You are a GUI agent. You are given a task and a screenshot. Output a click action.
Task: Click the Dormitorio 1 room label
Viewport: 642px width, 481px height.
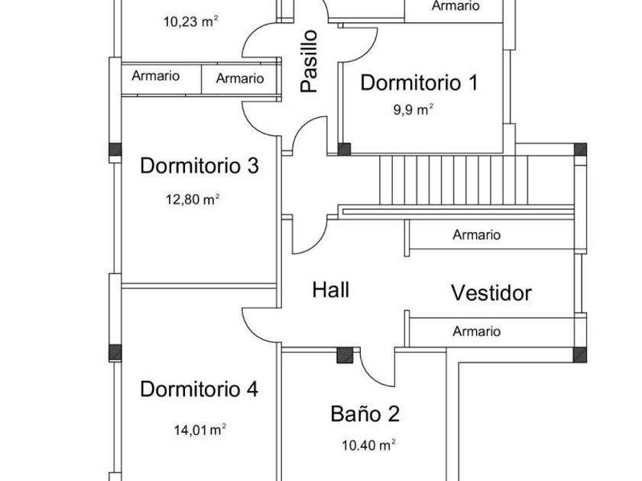point(419,82)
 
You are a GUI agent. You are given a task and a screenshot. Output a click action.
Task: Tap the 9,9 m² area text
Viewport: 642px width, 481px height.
point(413,110)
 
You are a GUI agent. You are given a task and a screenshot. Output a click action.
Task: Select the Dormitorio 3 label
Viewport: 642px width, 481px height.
point(199,166)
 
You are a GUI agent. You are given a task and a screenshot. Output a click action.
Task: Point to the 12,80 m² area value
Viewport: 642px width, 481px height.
point(193,199)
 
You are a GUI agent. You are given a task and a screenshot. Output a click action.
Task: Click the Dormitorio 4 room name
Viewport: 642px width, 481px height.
point(199,389)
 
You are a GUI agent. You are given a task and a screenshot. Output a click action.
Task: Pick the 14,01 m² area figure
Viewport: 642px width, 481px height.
point(199,429)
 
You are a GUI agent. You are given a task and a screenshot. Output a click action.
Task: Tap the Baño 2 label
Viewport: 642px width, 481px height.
point(365,414)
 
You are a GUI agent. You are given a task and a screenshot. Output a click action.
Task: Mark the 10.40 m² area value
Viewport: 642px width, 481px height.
point(368,445)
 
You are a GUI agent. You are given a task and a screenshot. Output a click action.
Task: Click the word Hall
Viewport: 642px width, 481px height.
point(331,290)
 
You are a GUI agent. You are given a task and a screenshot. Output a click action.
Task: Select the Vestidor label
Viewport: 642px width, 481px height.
point(491,293)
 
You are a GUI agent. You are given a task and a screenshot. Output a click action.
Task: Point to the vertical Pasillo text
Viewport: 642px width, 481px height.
point(309,61)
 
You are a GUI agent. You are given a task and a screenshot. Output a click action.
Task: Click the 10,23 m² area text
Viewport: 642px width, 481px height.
point(190,21)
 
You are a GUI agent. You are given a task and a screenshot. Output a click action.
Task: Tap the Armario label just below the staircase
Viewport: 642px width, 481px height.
point(477,235)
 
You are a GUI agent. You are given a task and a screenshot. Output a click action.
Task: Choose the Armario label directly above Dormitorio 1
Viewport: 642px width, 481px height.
point(456,6)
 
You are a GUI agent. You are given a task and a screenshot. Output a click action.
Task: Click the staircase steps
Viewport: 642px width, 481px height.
point(454,180)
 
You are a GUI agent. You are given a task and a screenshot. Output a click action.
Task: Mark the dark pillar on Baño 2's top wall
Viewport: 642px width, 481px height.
point(345,356)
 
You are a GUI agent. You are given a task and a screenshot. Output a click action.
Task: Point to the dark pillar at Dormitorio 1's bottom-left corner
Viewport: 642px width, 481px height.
point(344,150)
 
